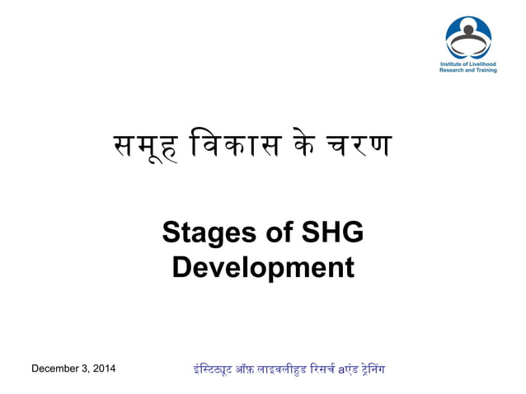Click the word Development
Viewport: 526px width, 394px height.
pyautogui.click(x=263, y=268)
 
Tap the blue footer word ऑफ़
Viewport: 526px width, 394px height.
pyautogui.click(x=240, y=368)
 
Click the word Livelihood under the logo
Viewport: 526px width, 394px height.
pyautogui.click(x=480, y=63)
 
